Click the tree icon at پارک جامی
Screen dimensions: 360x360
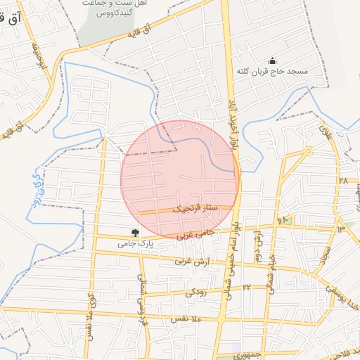point(135,232)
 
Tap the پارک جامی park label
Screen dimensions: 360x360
point(135,244)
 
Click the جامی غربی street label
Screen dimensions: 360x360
point(194,233)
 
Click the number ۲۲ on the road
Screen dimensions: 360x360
point(246,287)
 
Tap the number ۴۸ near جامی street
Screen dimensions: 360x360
point(283,220)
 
